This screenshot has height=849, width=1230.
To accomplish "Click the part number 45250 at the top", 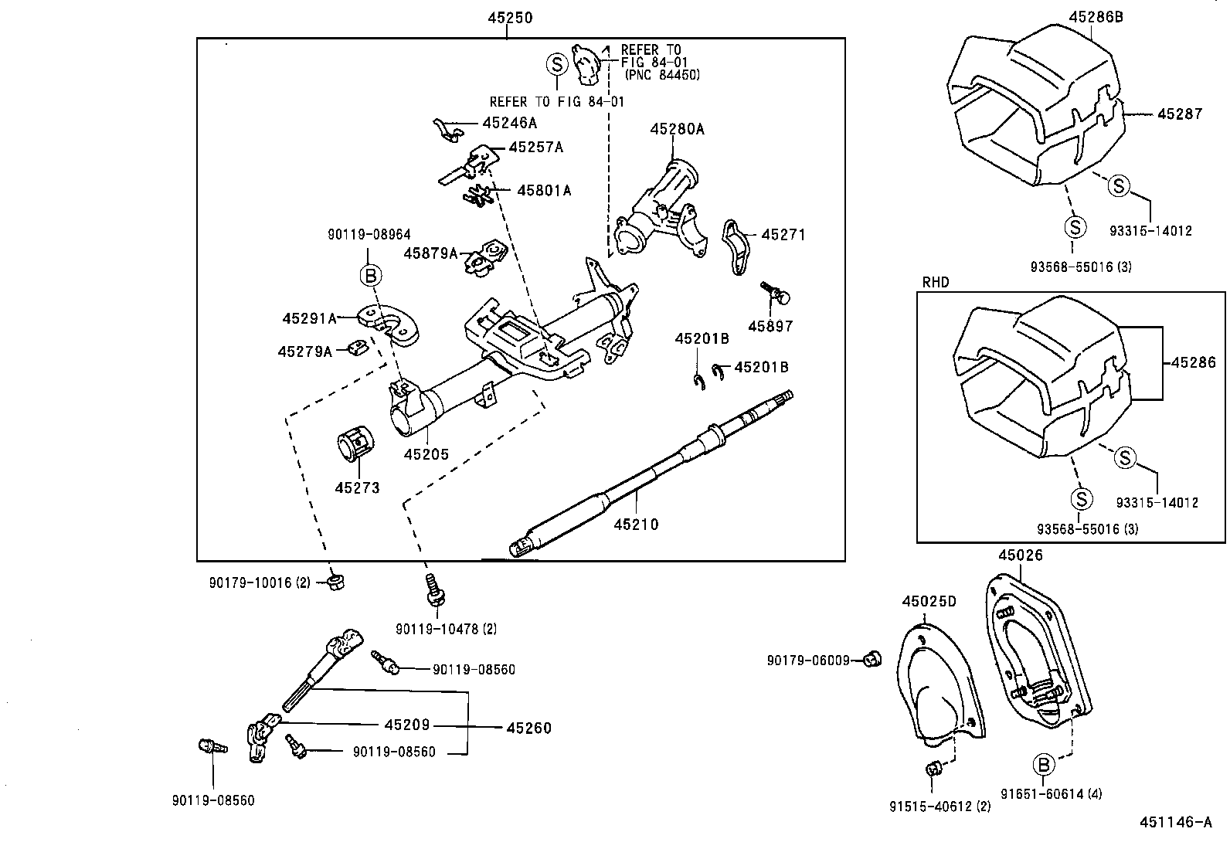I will coord(509,18).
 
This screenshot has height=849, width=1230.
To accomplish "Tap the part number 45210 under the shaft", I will coord(636,525).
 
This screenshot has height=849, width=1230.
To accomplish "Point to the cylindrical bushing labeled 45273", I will coord(355,445).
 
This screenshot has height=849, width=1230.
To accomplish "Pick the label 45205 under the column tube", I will coord(426,455).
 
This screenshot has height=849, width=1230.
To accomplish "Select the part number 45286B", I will coord(1096,16).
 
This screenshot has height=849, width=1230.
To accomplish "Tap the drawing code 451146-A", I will coord(1175,822).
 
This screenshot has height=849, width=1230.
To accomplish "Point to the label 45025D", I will coord(929,601).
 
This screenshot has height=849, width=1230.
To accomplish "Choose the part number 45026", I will coord(1020,555).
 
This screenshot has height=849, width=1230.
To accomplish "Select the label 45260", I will coord(529,728).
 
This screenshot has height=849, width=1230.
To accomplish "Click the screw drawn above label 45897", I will coord(776,293).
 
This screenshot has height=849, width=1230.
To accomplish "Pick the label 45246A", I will coord(509,123).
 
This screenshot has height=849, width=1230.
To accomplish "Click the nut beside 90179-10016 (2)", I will coord(335,581).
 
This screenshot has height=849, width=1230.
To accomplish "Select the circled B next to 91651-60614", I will coord(1042,765).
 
